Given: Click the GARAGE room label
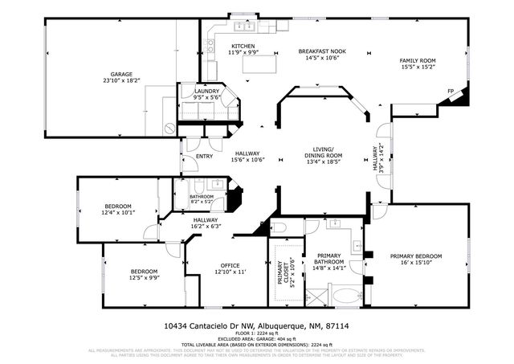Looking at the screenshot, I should pyautogui.click(x=122, y=72).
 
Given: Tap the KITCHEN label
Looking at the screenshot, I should pyautogui.click(x=243, y=46).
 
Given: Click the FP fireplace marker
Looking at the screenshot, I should pyautogui.click(x=451, y=91).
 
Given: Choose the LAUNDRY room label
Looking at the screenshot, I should pyautogui.click(x=206, y=92).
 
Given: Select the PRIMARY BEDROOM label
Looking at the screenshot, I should pyautogui.click(x=416, y=256).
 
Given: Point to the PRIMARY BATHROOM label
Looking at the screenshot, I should pyautogui.click(x=329, y=259).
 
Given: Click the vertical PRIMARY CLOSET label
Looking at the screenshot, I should pyautogui.click(x=283, y=275).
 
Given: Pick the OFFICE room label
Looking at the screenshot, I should pyautogui.click(x=230, y=266).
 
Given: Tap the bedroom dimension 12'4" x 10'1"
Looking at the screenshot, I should pyautogui.click(x=118, y=212).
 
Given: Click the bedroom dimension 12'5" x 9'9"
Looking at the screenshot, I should pyautogui.click(x=145, y=278).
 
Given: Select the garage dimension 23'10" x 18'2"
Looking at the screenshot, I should pyautogui.click(x=122, y=80).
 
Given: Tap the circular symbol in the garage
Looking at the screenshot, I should pyautogui.click(x=169, y=128).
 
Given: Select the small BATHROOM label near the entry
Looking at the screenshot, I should pyautogui.click(x=202, y=197).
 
